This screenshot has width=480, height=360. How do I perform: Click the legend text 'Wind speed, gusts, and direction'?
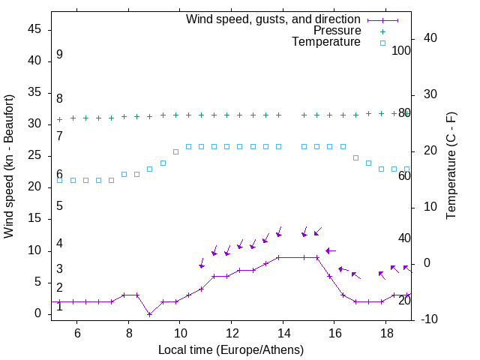tap(274, 19)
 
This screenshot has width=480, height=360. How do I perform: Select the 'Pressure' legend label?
tap(337, 31)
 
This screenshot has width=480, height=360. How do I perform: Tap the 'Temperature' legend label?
tap(326, 42)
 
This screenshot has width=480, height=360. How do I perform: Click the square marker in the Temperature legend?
tap(382, 43)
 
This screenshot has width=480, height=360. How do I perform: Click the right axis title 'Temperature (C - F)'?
tap(451, 166)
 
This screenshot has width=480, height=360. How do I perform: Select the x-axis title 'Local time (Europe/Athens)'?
tap(231, 349)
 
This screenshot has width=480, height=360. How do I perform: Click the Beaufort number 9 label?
tap(59, 55)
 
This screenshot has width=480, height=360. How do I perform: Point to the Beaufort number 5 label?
tap(59, 206)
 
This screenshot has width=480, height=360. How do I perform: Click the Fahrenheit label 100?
tap(402, 50)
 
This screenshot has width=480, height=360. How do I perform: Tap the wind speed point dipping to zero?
tap(150, 314)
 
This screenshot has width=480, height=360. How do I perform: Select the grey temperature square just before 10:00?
tap(175, 151)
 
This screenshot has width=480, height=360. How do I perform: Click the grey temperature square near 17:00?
tap(355, 157)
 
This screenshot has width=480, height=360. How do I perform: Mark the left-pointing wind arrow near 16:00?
tap(330, 250)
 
